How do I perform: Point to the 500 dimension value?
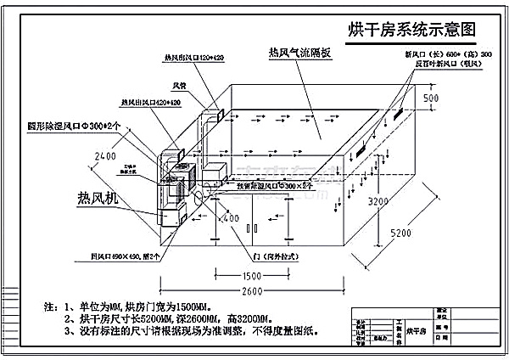(x=432, y=98)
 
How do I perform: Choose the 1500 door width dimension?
(x=251, y=277)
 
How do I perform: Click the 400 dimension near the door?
(x=230, y=219)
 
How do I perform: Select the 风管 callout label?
(x=180, y=85)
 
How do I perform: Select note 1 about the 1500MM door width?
(x=154, y=304)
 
